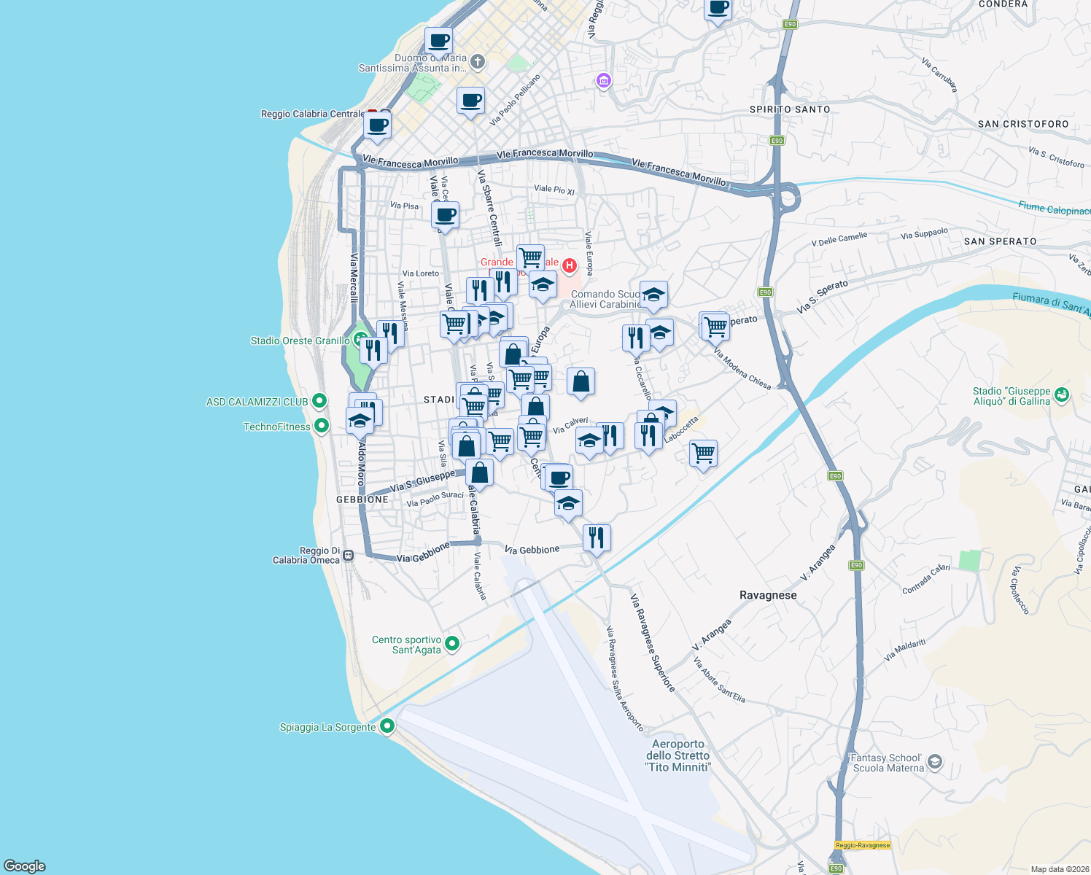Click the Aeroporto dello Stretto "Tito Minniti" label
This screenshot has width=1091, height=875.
[x=677, y=755]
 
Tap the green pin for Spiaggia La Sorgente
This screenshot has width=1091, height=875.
[x=387, y=726]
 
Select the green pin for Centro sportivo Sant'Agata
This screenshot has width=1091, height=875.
[x=452, y=643]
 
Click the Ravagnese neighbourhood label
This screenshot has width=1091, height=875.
[x=768, y=595]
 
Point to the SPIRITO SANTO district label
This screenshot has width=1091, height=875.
[x=790, y=109]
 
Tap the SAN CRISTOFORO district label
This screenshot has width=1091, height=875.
[x=1023, y=124]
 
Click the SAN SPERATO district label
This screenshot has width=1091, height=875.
[x=1000, y=241]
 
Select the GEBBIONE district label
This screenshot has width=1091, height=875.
[x=362, y=499]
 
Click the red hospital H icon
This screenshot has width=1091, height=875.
[x=569, y=265]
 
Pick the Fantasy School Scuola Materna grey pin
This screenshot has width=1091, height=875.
[x=935, y=763]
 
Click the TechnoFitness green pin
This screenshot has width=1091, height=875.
[x=321, y=427]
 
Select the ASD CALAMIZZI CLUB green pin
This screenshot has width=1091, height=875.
[x=319, y=401]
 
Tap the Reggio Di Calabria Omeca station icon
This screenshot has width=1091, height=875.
[x=349, y=555]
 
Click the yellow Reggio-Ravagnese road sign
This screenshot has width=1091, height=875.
[x=863, y=845]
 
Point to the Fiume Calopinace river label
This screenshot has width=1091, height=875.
[x=1055, y=209]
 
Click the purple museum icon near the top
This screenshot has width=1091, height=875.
[x=603, y=80]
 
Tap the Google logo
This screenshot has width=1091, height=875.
[x=25, y=866]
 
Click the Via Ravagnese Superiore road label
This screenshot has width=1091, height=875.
[x=653, y=643]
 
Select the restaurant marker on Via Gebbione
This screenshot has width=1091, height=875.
[x=597, y=538]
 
